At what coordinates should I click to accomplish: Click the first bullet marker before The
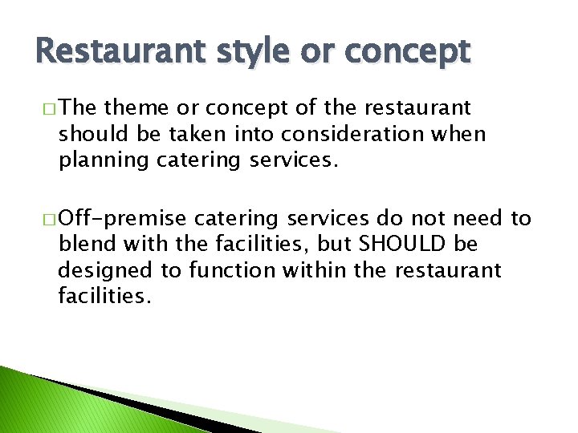point(46,109)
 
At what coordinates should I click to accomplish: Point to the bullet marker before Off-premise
point(46,219)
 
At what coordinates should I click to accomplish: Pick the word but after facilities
point(334,244)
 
